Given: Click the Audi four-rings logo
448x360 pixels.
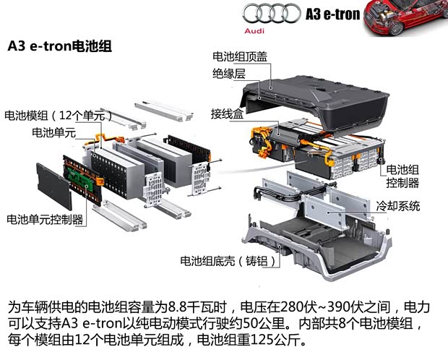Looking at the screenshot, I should [271, 12].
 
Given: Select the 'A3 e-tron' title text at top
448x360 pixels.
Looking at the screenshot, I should [332, 14].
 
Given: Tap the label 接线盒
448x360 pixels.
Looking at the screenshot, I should [227, 113].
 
